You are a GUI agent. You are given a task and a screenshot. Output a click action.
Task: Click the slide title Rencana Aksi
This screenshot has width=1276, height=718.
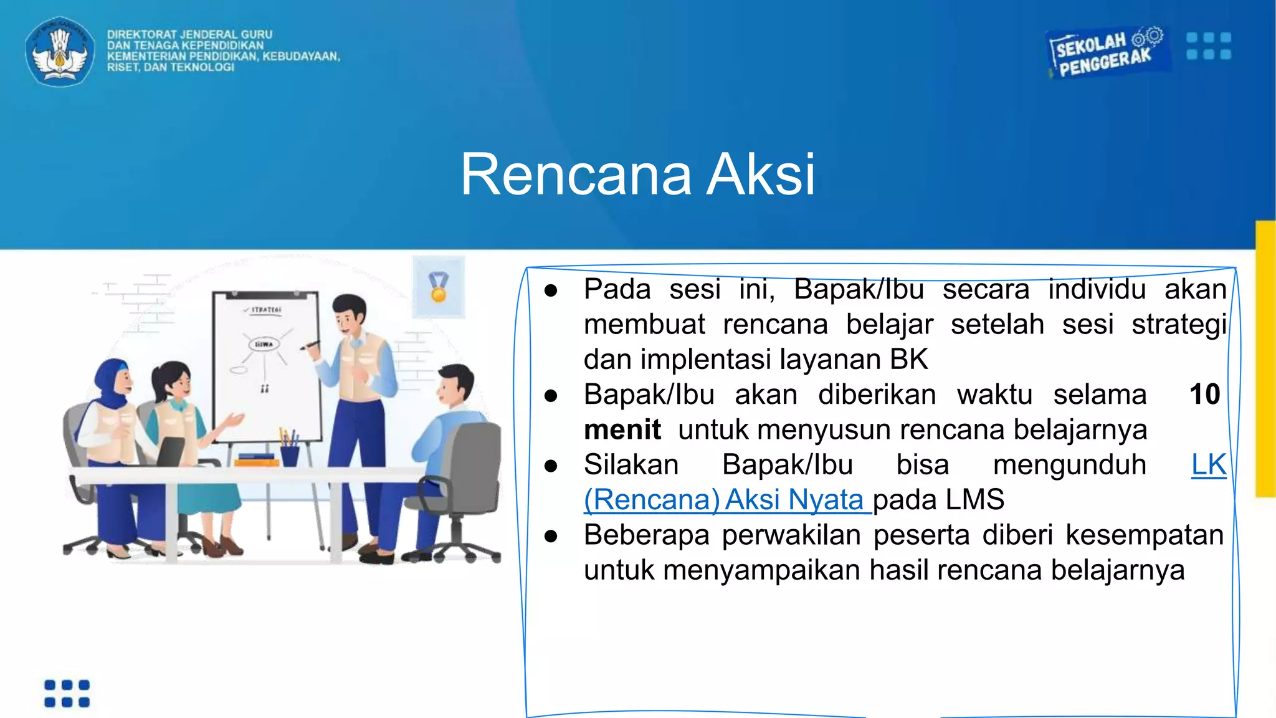637,175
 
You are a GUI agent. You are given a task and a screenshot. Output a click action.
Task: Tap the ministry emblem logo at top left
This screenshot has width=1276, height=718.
59,52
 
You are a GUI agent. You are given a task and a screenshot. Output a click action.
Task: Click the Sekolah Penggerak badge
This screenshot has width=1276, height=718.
1106,53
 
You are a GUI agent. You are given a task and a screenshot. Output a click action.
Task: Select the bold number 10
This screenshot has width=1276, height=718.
1204,395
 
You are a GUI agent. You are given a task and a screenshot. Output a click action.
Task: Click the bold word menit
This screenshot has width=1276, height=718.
622,430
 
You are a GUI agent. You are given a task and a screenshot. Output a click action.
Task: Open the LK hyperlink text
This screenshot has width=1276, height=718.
1208,465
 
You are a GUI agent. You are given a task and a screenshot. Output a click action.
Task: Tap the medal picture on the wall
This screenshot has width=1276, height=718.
439,287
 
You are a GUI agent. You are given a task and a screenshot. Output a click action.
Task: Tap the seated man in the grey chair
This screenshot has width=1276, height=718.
449,449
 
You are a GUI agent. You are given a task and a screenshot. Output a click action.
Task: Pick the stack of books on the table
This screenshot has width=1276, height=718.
257,460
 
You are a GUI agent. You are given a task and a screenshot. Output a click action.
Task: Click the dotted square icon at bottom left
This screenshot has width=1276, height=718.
67,694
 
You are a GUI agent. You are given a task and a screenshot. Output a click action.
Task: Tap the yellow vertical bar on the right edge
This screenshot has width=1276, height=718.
1265,358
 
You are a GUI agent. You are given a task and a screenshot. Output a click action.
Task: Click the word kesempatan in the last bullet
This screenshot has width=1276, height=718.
1144,535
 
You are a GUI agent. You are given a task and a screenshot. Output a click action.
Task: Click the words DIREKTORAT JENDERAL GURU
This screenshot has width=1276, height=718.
189,34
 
